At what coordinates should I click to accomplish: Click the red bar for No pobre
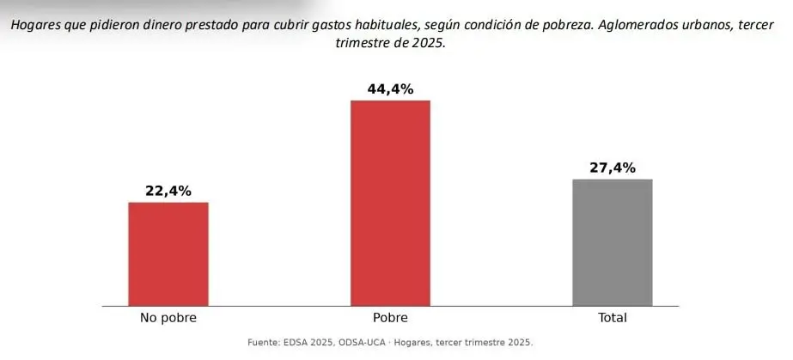168,253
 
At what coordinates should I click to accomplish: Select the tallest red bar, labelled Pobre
390,203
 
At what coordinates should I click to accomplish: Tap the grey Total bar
613,242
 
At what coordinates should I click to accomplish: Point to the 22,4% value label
168,191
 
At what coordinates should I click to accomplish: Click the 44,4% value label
390,89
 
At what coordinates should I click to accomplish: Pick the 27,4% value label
613,168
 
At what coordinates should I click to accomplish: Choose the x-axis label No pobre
168,318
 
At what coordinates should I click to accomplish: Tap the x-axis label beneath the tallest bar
390,318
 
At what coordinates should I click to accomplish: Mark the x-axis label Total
613,318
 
